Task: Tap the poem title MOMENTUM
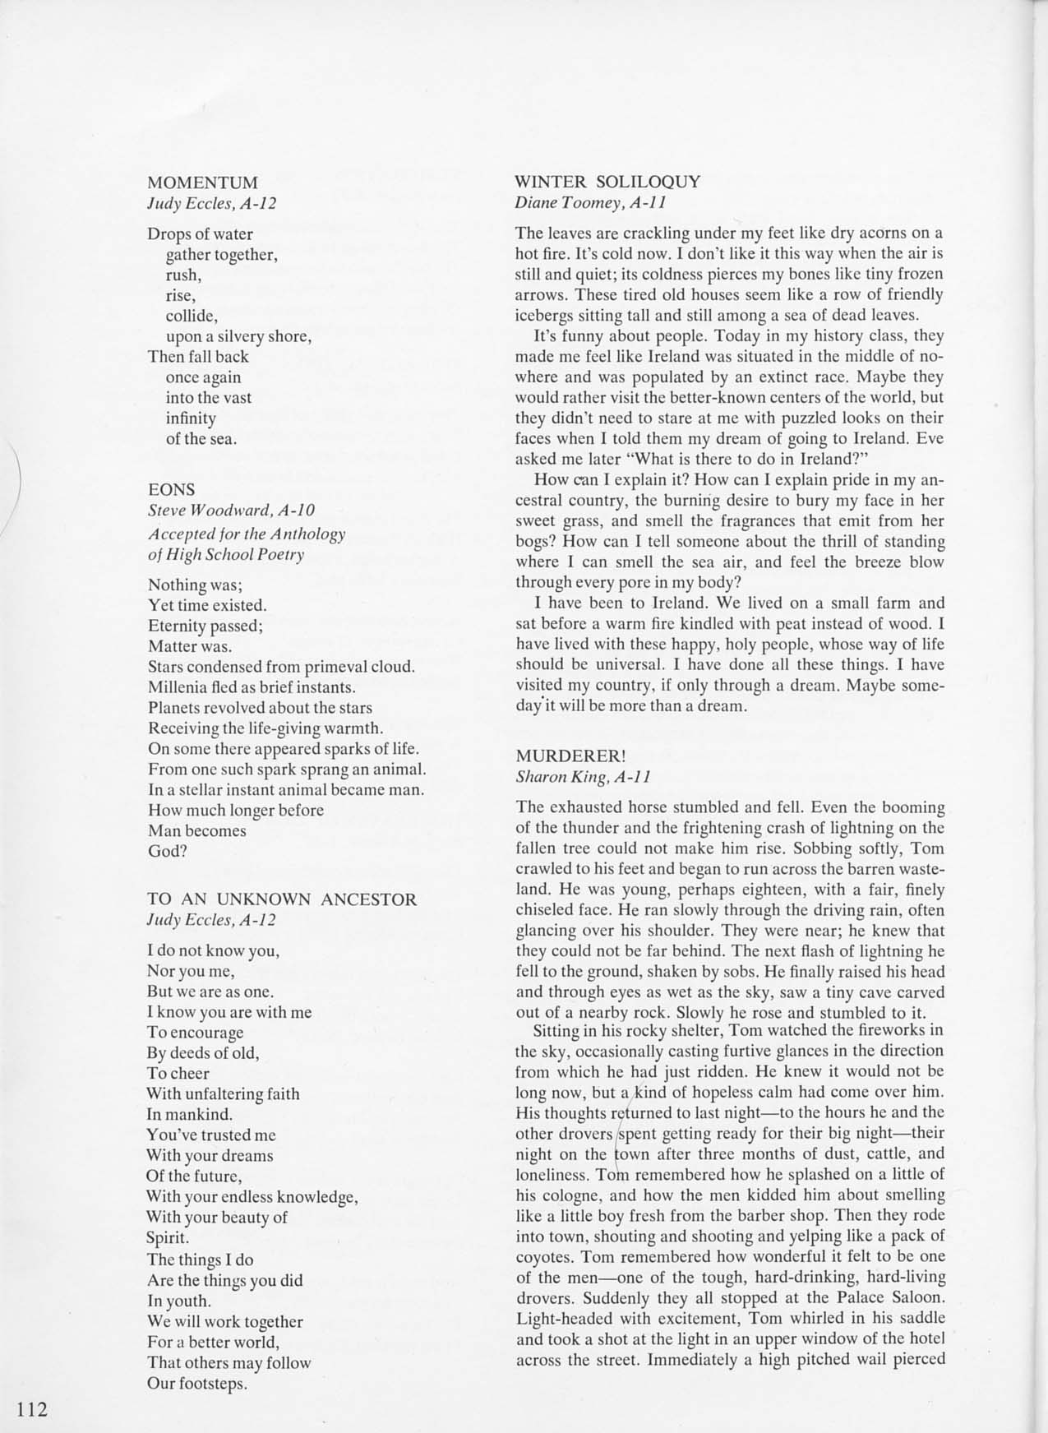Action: (202, 182)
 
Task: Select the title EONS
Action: (171, 489)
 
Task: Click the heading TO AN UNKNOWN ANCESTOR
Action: (282, 899)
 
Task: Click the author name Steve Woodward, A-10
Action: (231, 511)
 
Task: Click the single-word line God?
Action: (168, 851)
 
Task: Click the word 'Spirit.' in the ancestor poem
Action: (168, 1237)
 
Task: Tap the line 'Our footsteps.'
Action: (197, 1383)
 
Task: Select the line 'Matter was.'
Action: (190, 646)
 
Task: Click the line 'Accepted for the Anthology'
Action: (247, 534)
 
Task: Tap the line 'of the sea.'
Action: (201, 438)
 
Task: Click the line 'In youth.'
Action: (178, 1301)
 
